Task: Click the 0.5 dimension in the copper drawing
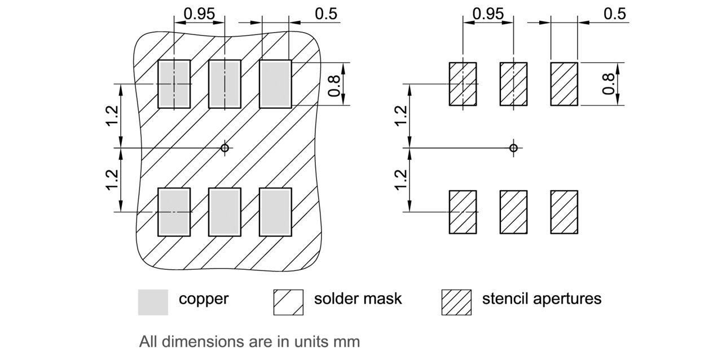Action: [x=326, y=14]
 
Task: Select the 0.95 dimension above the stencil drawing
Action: [x=488, y=14]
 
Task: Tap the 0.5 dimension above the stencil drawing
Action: [x=615, y=14]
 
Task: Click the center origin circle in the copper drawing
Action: [x=224, y=148]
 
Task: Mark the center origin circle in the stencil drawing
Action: [x=513, y=148]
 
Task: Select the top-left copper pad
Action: [x=174, y=84]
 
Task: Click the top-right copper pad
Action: [x=275, y=84]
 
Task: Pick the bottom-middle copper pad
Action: [x=224, y=212]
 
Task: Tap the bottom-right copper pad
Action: [x=275, y=212]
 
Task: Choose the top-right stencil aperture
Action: [x=564, y=84]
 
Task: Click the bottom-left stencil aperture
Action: [x=463, y=212]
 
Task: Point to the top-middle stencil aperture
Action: [x=513, y=84]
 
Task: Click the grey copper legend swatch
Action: [x=153, y=302]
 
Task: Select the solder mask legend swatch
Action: [x=288, y=302]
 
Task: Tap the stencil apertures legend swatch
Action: [x=456, y=302]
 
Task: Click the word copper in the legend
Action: [x=204, y=298]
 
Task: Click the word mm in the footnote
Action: [x=347, y=341]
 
